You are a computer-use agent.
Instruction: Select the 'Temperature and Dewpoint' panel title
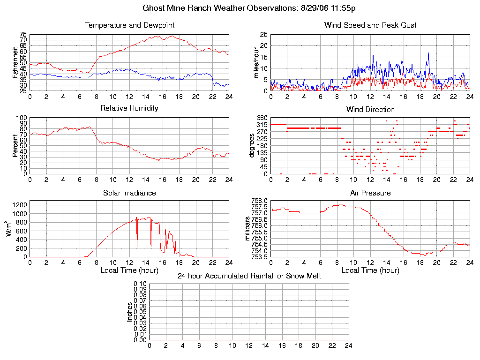click(x=129, y=25)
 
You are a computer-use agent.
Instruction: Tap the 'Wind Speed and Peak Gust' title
click(x=370, y=25)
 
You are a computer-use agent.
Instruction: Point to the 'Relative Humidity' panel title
click(x=129, y=108)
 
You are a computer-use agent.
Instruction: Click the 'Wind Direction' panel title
click(x=370, y=109)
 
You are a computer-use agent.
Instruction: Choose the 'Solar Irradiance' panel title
click(x=129, y=193)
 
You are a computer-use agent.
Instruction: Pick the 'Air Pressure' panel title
click(x=370, y=193)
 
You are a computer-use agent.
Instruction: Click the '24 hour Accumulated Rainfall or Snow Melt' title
click(x=249, y=276)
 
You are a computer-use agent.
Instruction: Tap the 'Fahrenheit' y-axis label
click(x=15, y=62)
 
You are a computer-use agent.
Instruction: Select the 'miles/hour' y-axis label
click(x=256, y=62)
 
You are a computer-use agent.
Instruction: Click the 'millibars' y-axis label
click(x=248, y=228)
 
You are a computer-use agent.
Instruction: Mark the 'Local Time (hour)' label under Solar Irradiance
click(x=129, y=270)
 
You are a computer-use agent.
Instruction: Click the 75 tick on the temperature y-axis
click(x=23, y=35)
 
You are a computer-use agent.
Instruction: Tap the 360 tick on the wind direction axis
click(x=262, y=118)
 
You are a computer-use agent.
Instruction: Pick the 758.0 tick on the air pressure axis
click(x=259, y=201)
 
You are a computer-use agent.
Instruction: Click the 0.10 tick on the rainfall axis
click(x=140, y=284)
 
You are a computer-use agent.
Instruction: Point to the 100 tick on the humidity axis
click(x=22, y=118)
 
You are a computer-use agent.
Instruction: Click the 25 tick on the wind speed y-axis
click(x=263, y=35)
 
